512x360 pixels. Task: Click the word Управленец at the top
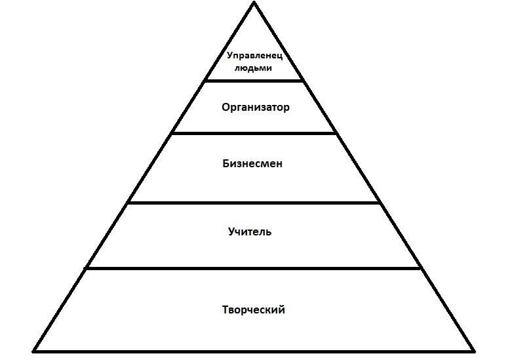[x=254, y=56]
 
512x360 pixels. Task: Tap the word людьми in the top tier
[x=253, y=67]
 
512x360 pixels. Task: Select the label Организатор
[x=255, y=107]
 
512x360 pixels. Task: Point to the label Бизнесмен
[x=252, y=163]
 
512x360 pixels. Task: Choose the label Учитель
[x=250, y=231]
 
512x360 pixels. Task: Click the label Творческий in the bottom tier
[x=254, y=310]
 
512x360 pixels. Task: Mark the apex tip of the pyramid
[x=254, y=3]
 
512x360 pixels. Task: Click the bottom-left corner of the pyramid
[x=34, y=351]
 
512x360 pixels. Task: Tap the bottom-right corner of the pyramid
[x=473, y=351]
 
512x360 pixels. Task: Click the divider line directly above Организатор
[x=254, y=81]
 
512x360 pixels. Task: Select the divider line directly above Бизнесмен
[x=254, y=134]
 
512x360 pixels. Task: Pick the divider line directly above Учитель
[x=254, y=203]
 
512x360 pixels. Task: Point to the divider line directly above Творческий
[x=254, y=268]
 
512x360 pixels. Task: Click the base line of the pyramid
[x=254, y=351]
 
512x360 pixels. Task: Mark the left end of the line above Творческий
[x=87, y=268]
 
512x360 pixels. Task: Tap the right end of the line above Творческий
[x=420, y=268]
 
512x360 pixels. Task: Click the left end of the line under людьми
[x=206, y=81]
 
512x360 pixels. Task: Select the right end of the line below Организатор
[x=336, y=134]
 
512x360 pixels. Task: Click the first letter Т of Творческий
[x=226, y=310]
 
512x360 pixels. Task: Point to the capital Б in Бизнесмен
[x=226, y=163]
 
